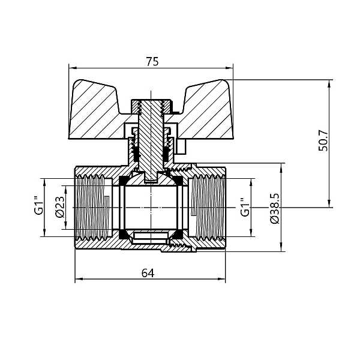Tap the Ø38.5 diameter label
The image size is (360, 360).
pos(274,208)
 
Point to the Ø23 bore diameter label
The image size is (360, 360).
pos(59,207)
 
